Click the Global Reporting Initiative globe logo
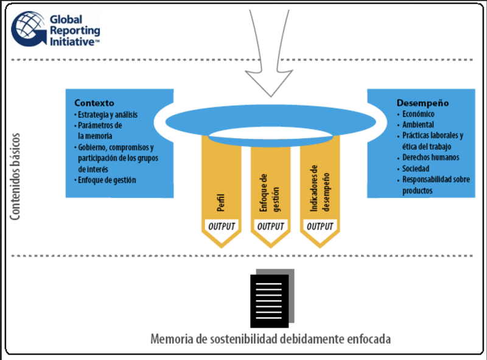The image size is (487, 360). click(x=27, y=29)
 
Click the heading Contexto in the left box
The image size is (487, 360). click(x=94, y=102)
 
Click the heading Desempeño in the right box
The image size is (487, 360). click(x=420, y=102)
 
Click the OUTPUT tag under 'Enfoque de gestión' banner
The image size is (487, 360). click(x=270, y=226)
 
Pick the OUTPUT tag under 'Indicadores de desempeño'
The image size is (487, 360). click(x=319, y=226)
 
